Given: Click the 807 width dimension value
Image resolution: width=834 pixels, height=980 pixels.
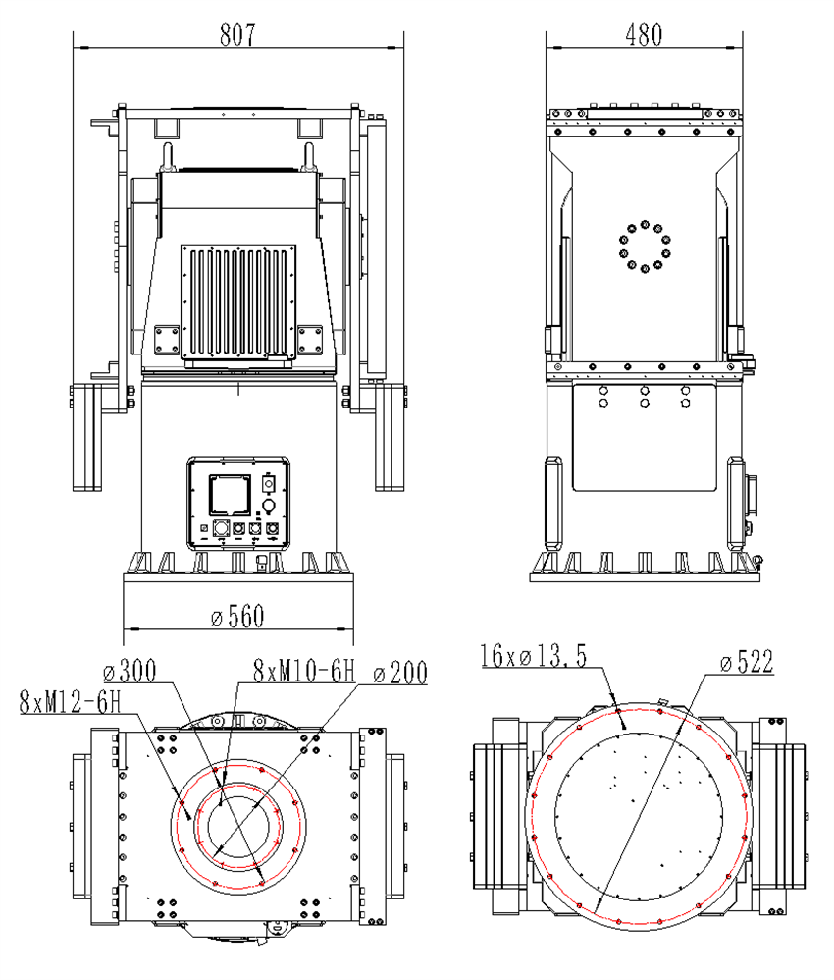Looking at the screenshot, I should (237, 34).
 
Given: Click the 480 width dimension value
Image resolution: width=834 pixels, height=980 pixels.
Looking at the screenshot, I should (644, 34).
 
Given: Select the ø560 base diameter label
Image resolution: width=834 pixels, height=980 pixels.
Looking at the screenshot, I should (237, 617).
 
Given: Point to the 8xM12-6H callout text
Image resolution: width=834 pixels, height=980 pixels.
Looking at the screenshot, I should (69, 701).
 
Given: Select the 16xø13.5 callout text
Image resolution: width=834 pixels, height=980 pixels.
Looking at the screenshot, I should (534, 657).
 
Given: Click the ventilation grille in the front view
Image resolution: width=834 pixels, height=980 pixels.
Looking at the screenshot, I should (238, 301).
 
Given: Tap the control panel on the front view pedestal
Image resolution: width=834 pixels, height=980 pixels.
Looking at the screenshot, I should (238, 502).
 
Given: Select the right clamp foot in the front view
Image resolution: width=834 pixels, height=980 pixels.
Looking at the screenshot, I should (390, 437).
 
